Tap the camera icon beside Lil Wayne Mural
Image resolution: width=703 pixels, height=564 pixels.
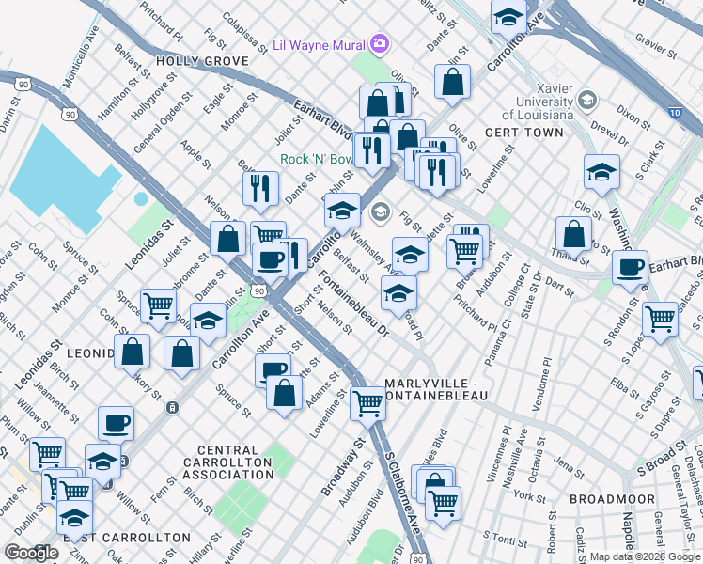[380, 43]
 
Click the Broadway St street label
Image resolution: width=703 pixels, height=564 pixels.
[343, 466]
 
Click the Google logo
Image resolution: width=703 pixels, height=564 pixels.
[31, 553]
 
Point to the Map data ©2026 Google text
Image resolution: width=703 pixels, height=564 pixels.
[645, 556]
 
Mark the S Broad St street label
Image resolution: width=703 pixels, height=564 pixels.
[664, 464]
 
